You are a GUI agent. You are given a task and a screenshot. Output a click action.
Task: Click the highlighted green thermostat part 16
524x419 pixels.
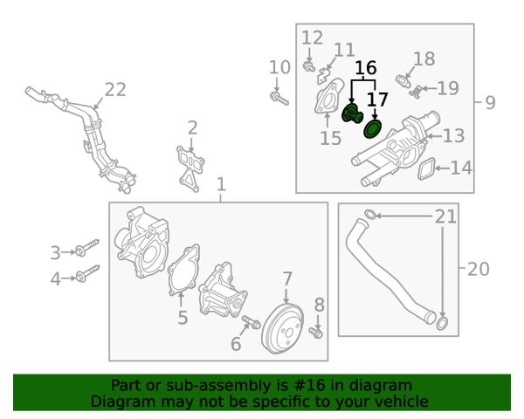[352, 113]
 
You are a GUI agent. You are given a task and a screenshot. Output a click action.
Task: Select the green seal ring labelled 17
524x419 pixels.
[372, 129]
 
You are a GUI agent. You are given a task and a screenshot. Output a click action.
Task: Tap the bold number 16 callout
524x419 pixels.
[366, 68]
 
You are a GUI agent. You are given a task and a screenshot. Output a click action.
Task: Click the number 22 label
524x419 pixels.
[115, 90]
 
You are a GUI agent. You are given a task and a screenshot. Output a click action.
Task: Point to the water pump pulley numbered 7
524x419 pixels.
[283, 328]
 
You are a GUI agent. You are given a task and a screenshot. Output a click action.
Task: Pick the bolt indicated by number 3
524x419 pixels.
[86, 248]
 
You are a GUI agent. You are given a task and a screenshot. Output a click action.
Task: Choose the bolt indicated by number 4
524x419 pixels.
[87, 273]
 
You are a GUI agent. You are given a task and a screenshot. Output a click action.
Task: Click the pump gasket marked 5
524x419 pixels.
[184, 270]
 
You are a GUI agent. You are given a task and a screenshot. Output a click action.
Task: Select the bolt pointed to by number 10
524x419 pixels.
[279, 99]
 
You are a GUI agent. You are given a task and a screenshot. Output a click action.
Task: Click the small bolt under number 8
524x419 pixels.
[316, 333]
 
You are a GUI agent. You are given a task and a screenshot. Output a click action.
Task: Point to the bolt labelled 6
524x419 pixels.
[252, 321]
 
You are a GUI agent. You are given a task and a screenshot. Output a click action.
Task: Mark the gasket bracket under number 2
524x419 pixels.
[190, 168]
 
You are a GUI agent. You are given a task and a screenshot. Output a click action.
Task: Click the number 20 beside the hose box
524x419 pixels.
[479, 269]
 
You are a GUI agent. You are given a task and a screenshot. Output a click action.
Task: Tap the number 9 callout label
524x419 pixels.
[490, 102]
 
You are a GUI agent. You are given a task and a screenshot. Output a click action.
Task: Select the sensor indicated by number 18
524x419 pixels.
[403, 81]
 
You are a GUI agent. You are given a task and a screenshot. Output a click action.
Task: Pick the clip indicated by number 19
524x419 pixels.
[415, 92]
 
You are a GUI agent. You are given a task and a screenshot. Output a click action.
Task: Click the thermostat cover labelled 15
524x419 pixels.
[328, 96]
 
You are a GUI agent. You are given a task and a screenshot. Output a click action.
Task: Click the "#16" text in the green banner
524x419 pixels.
[309, 385]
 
